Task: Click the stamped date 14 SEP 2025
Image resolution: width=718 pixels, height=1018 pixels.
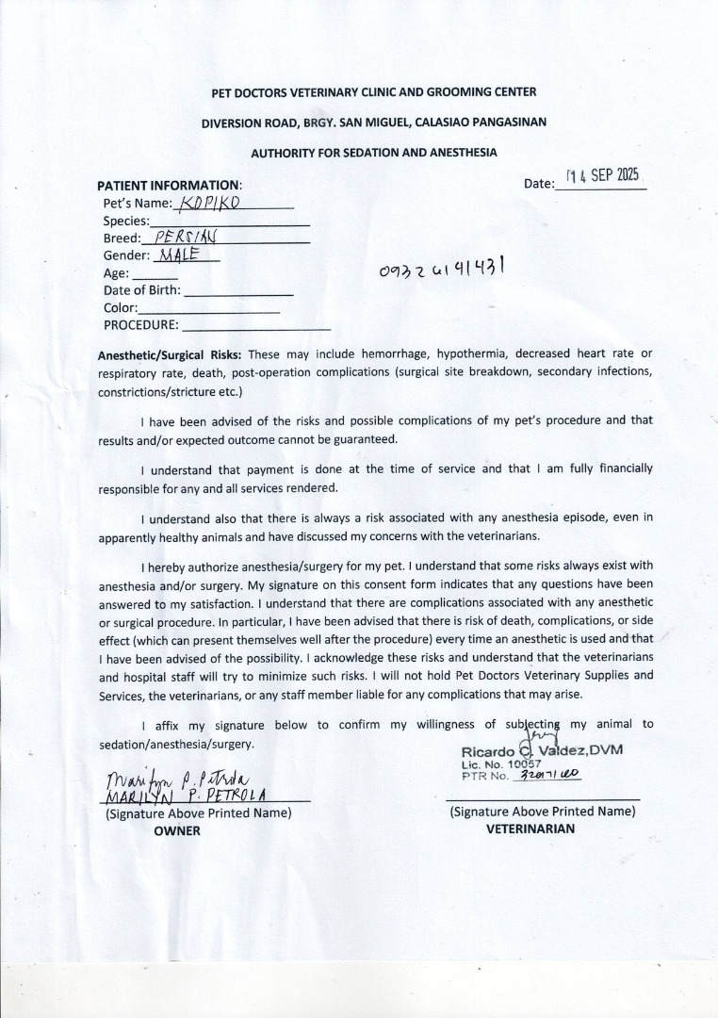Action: [602, 175]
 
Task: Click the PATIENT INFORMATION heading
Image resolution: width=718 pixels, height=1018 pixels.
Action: [170, 185]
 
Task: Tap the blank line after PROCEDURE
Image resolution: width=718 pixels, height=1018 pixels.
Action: [255, 327]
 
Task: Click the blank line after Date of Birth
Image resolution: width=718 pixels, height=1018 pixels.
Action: [239, 294]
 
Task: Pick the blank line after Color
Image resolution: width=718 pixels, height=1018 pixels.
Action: [209, 310]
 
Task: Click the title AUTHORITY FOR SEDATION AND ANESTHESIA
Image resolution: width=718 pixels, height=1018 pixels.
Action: [373, 152]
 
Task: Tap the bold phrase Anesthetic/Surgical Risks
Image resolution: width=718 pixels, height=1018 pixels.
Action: [170, 354]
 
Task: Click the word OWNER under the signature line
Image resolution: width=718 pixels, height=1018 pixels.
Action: [177, 830]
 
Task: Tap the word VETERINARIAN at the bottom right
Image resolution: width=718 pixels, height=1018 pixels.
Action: [530, 829]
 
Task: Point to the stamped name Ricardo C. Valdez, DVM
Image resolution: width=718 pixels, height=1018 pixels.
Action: [542, 750]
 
